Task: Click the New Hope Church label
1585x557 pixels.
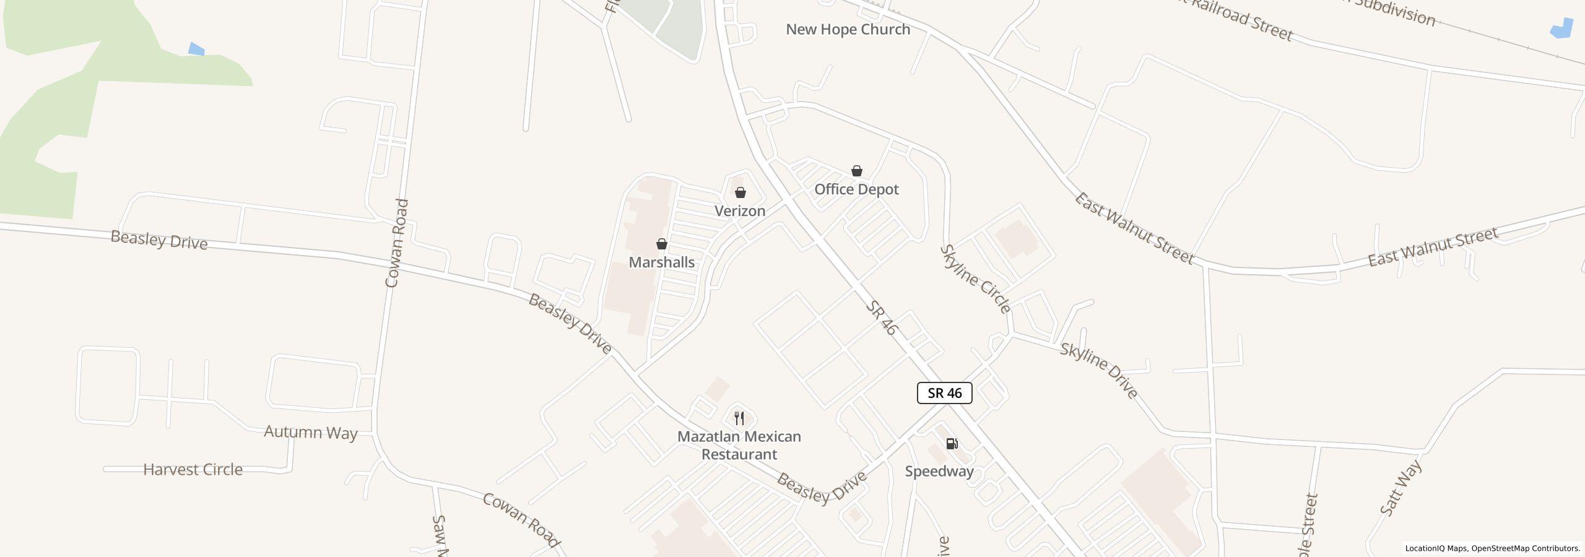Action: point(848,30)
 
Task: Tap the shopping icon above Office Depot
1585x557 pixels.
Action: point(857,171)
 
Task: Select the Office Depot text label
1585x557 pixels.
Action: point(856,189)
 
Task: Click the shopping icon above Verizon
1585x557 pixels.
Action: point(740,192)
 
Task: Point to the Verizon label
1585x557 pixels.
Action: point(740,211)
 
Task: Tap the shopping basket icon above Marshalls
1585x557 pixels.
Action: point(662,244)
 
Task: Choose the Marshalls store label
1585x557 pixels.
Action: point(661,262)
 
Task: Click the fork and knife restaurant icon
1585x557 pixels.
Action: point(739,418)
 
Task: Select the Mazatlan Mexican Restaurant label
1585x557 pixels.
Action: point(739,446)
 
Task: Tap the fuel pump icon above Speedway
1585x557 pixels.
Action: point(952,443)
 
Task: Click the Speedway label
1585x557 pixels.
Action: point(939,472)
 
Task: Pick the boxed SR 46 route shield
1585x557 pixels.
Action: point(944,393)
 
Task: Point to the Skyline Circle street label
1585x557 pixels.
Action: point(975,279)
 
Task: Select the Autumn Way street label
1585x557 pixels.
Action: point(311,432)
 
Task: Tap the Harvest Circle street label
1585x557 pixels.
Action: point(193,470)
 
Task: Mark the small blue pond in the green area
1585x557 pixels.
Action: point(196,50)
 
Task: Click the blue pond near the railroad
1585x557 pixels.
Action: point(1562,30)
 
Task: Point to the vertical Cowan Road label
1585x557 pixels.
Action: point(396,243)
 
